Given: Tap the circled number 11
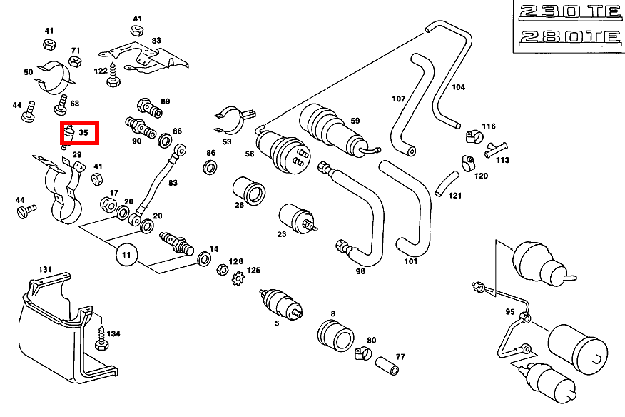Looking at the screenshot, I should [126, 254].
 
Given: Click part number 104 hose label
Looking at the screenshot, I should [458, 87].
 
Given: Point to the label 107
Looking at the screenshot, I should [398, 98].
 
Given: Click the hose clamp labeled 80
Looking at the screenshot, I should [365, 351].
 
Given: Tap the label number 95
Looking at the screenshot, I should [509, 312].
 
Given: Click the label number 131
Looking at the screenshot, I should [45, 269].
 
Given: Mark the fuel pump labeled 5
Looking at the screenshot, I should [281, 303].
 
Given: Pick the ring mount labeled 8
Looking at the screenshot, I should [335, 334].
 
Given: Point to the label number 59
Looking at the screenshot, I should [355, 121].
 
